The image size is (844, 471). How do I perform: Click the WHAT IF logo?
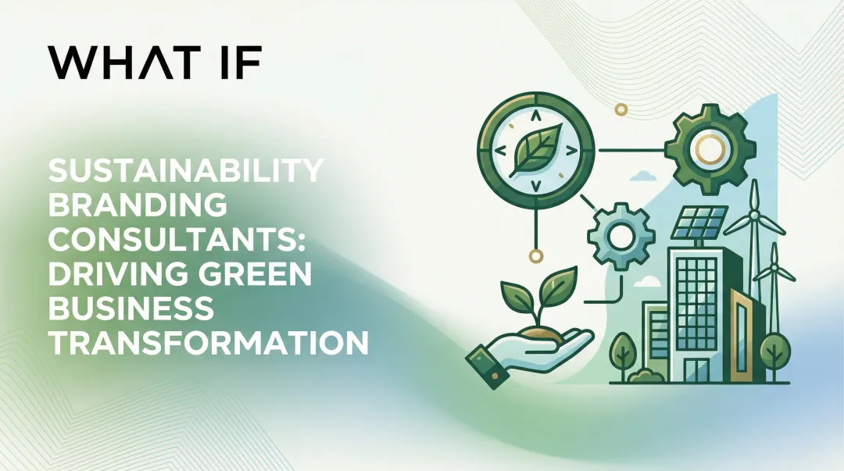click(153, 61)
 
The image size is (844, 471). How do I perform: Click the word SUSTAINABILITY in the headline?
click(185, 171)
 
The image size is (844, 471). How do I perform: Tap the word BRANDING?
click(138, 205)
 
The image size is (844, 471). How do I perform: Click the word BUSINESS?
click(131, 309)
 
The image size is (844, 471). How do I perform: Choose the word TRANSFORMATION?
click(209, 343)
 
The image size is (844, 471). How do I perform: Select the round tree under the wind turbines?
click(774, 345)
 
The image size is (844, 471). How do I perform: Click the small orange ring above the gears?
click(622, 110)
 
